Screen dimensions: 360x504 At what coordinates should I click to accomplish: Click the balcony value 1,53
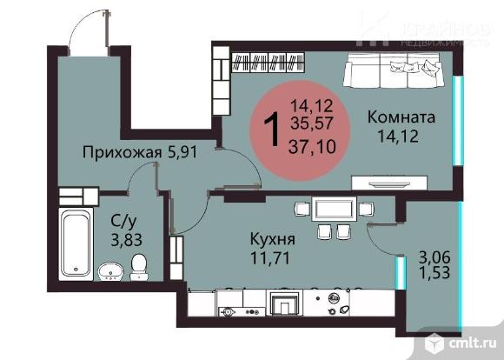click(434, 273)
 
